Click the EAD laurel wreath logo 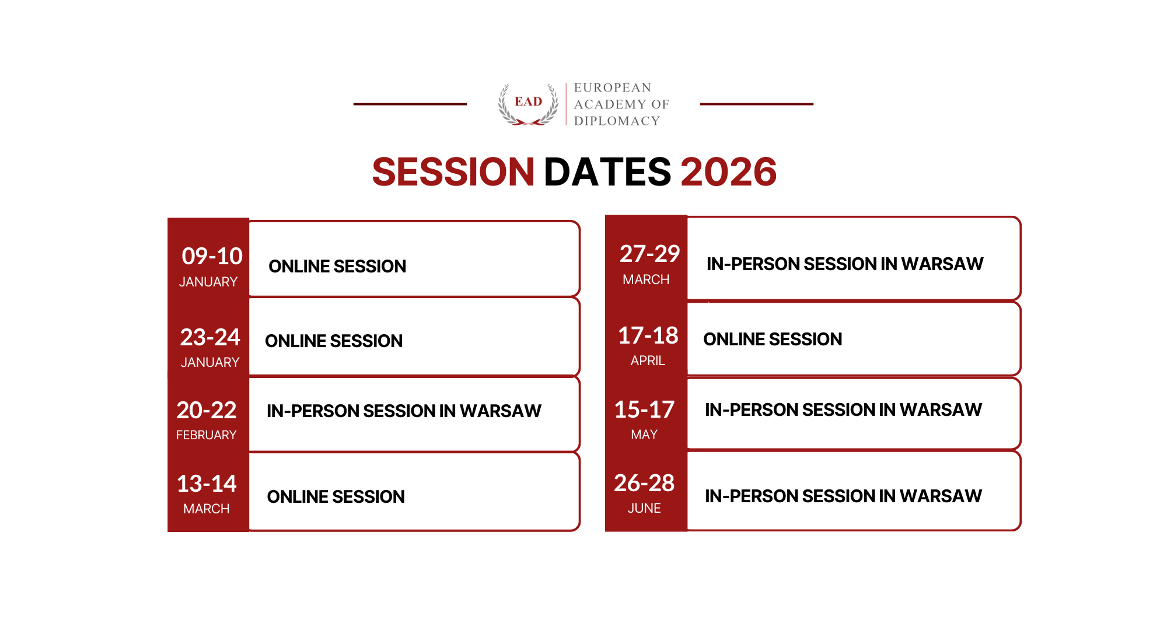click(528, 104)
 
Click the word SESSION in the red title click(453, 172)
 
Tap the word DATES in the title click(607, 172)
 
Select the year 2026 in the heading click(728, 172)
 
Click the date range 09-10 click(212, 256)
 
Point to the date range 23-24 click(210, 337)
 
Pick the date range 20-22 click(207, 410)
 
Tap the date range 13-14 click(207, 484)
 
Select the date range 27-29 click(649, 254)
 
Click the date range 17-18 click(648, 335)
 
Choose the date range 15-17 click(644, 409)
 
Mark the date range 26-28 click(644, 483)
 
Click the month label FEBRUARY click(206, 435)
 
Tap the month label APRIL click(648, 361)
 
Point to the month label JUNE click(644, 509)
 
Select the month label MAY click(644, 435)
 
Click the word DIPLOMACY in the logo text click(617, 121)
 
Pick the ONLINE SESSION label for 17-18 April click(773, 339)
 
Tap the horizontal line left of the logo click(410, 104)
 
